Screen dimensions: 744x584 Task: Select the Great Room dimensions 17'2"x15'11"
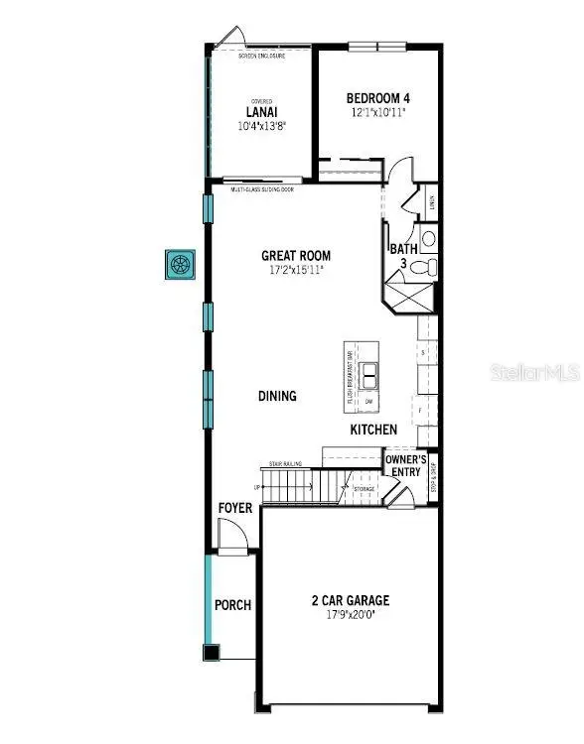click(296, 269)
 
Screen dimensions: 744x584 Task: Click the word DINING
click(278, 396)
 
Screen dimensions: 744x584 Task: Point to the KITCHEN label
click(373, 430)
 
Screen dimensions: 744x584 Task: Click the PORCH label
click(233, 605)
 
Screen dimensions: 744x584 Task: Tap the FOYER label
click(235, 508)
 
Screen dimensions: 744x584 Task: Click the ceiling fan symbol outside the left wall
click(180, 265)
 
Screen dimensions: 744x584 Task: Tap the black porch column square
click(211, 652)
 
